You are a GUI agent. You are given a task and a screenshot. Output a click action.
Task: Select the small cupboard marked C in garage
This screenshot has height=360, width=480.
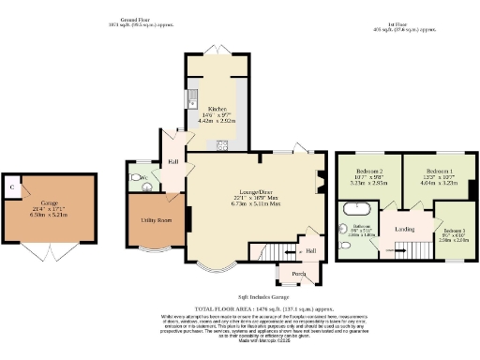[x=12, y=187]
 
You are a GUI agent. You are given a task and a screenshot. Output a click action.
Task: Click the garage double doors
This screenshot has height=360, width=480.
[x=50, y=251]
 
